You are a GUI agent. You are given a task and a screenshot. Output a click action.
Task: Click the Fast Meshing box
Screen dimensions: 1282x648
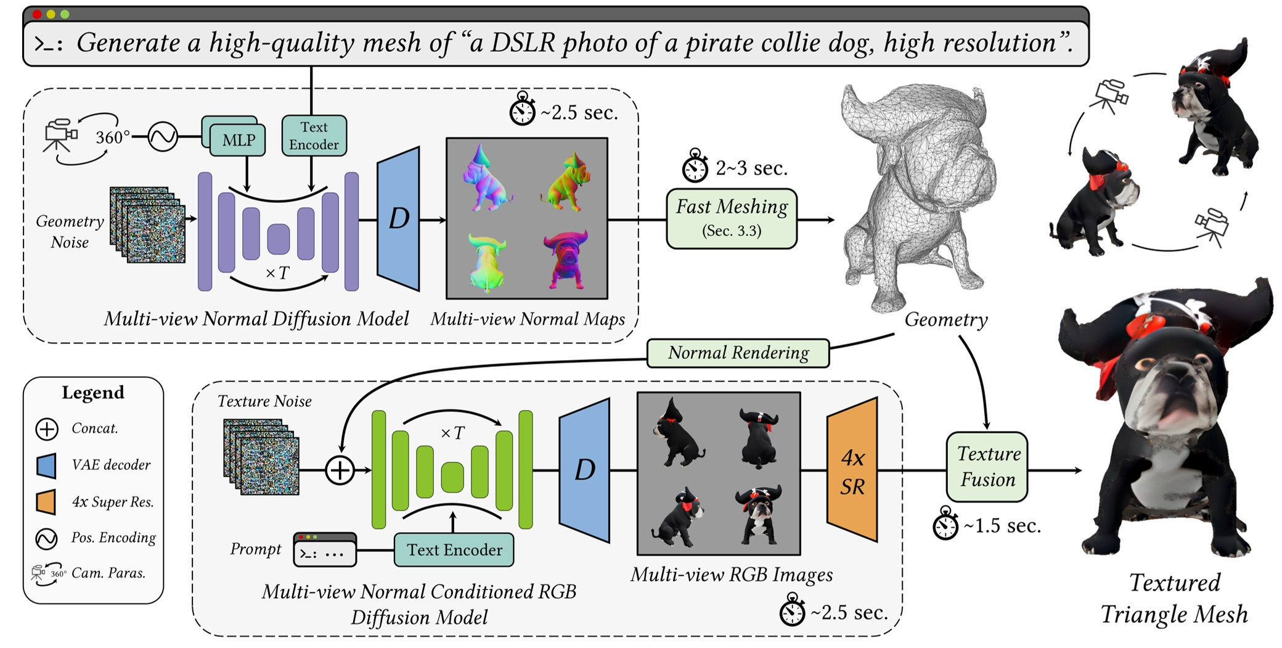732,219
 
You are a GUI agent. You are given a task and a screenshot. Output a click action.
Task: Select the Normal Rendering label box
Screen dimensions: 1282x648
738,353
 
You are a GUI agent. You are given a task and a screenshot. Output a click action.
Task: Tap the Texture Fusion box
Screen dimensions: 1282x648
987,467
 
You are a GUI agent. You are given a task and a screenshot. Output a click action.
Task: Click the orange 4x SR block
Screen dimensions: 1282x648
852,470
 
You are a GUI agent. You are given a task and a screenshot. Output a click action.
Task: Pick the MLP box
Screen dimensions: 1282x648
238,140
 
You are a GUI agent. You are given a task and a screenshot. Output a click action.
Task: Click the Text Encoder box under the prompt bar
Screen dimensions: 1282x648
314,136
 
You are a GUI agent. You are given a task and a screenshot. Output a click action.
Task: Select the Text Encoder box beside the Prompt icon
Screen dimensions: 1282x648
454,549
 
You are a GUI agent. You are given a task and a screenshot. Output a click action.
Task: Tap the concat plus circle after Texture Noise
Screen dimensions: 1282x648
340,470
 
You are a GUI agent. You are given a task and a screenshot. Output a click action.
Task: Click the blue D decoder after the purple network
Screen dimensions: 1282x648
398,218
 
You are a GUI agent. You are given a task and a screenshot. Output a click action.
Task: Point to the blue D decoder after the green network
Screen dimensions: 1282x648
584,470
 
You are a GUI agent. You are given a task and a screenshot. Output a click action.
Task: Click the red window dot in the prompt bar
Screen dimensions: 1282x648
37,14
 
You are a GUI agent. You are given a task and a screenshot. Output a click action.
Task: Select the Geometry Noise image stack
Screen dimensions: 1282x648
148,224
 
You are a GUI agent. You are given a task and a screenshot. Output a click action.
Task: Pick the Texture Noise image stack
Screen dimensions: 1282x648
261,457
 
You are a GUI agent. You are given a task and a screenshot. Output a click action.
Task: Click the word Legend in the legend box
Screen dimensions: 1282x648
93,393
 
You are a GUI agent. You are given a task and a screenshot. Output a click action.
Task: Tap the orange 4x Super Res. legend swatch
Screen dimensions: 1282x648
46,502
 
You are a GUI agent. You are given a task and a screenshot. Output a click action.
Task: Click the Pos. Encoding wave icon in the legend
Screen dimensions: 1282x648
47,539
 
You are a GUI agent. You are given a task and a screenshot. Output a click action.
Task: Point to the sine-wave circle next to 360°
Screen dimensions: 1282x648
163,136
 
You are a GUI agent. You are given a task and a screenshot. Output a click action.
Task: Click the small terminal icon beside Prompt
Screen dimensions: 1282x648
325,549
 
